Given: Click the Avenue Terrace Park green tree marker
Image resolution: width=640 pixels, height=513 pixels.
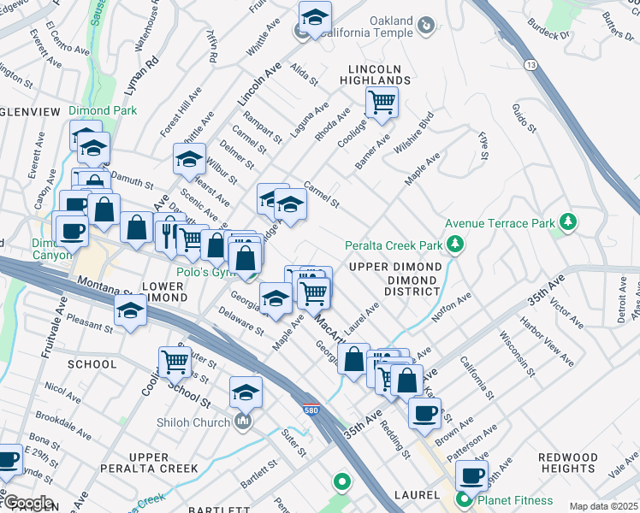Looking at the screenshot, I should [566, 224].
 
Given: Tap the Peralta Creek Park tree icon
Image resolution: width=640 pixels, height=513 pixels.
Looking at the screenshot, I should [455, 246].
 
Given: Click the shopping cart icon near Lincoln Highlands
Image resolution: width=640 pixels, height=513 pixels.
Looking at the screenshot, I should [382, 103].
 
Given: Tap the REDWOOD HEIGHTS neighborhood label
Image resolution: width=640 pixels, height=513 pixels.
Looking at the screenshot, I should [568, 463].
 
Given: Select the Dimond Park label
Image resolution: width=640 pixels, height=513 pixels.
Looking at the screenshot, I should [102, 110].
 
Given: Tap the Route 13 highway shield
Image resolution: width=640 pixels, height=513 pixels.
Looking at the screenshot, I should [531, 65].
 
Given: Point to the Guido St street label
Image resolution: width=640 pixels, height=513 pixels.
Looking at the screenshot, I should [523, 118].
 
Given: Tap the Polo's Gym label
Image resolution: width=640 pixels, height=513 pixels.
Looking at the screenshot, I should [205, 271].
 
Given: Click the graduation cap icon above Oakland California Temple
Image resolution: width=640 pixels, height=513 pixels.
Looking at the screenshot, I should [315, 16].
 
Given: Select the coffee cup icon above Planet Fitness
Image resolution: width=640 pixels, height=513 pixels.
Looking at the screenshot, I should [471, 475].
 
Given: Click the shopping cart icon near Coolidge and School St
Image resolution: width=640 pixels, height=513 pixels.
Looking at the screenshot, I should [175, 362].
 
